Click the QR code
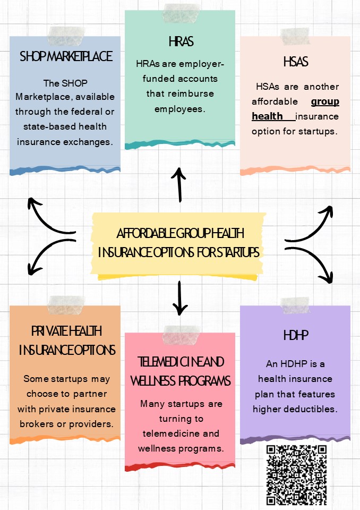pos(296,475)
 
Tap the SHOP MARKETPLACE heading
pos(66,56)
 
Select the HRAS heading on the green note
pos(181,41)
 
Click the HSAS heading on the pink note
pos(296,62)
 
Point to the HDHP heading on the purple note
pos(296,336)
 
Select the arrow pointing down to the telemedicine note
pos(180,297)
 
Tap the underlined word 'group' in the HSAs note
pos(325,101)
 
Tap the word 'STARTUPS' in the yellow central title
pos(237,252)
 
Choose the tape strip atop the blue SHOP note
pos(67,36)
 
